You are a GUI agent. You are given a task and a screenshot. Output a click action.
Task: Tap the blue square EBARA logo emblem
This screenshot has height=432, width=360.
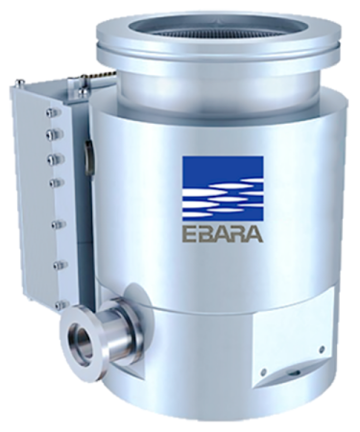click(223, 188)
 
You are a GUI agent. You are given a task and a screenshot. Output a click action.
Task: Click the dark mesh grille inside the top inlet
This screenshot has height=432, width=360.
click(218, 29)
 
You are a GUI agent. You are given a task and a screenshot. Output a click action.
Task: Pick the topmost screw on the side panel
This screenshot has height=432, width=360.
click(54, 112)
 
